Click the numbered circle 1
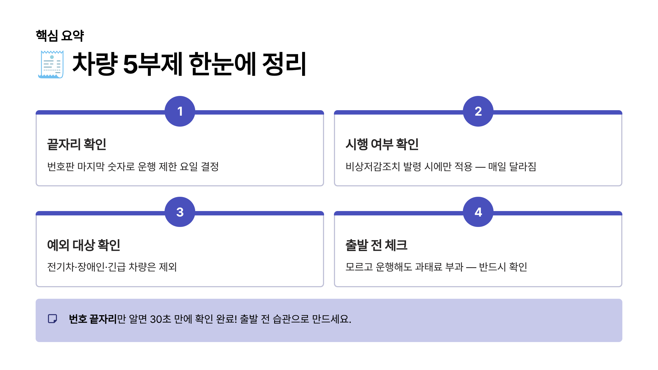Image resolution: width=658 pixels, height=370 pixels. [x=180, y=111]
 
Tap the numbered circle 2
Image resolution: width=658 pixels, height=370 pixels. [x=478, y=111]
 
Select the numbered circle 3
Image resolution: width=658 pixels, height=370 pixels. [x=180, y=212]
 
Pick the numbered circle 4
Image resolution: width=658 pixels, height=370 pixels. [x=478, y=212]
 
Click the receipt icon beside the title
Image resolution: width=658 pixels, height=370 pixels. [x=51, y=64]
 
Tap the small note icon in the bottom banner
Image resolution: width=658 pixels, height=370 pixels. [x=52, y=319]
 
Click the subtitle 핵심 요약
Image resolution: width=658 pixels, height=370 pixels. [x=60, y=36]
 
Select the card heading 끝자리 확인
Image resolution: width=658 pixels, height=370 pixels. [x=76, y=144]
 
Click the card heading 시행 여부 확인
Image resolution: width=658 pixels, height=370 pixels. [x=382, y=144]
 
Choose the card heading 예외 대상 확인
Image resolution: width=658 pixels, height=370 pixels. [x=84, y=245]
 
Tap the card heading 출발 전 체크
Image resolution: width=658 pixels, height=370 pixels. [x=376, y=245]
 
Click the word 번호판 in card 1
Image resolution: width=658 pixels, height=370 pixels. [x=61, y=166]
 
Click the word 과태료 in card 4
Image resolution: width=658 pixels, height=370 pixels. [x=429, y=267]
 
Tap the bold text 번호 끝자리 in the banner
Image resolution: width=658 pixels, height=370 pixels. [x=93, y=319]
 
